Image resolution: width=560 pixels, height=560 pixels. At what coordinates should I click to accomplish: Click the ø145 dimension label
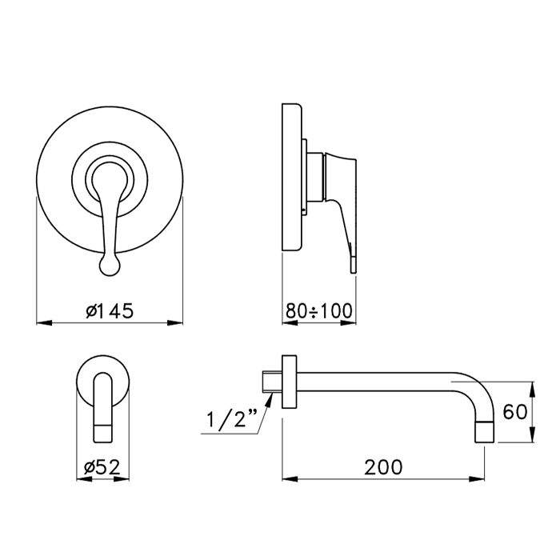pos(110,310)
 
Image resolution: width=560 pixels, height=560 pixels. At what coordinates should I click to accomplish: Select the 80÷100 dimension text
pos(319,310)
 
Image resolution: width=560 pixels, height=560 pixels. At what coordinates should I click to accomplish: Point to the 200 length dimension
pos(383,467)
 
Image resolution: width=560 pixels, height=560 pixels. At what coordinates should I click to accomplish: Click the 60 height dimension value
pos(514,412)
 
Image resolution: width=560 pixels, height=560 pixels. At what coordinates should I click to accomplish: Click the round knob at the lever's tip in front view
pos(110,266)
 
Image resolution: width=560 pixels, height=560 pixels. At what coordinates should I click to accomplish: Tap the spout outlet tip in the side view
pos(485,431)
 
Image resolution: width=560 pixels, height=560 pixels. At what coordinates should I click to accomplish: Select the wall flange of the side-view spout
pos(290,382)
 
